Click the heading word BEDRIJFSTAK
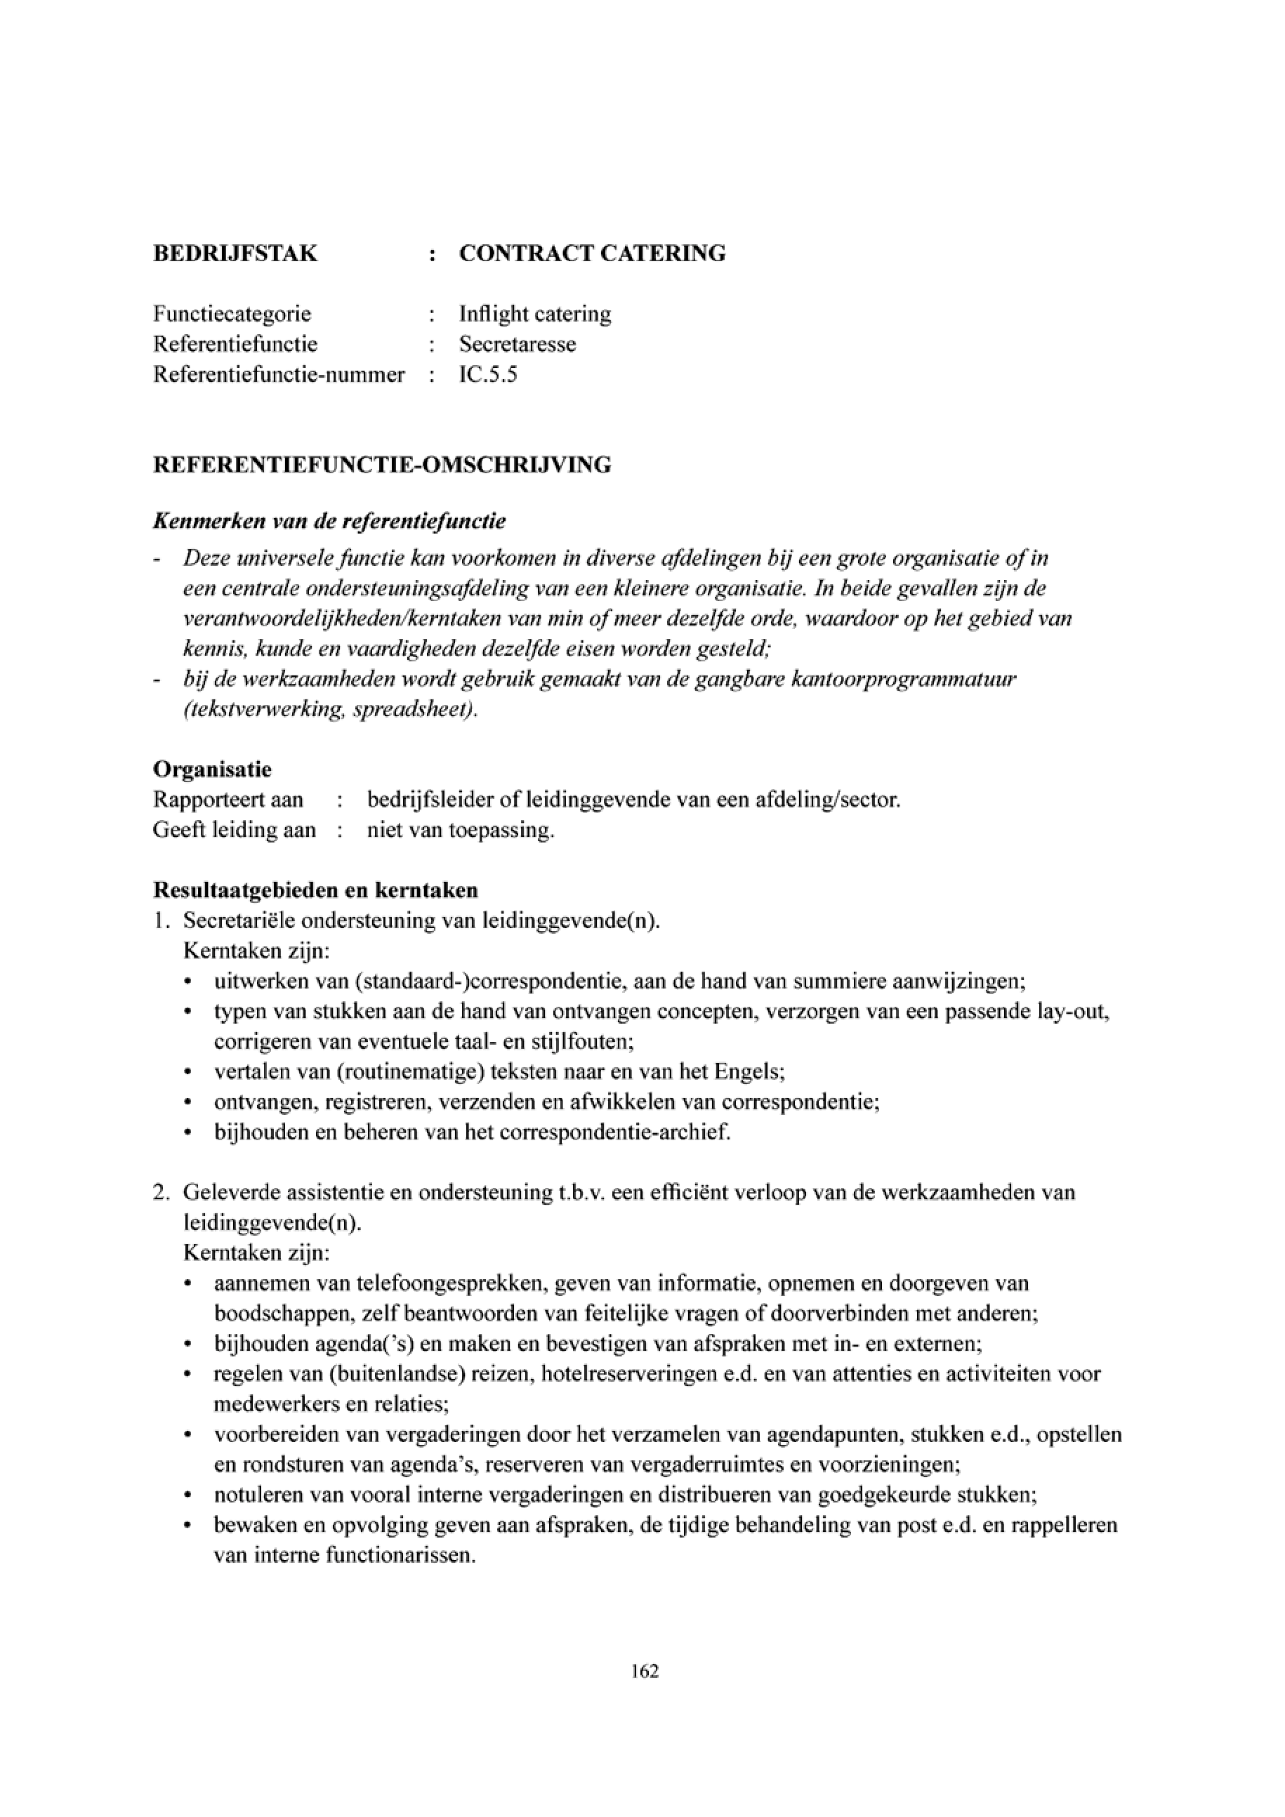[235, 254]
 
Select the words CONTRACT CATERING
[592, 254]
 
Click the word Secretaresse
[518, 344]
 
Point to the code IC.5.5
[488, 374]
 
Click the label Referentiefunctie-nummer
[279, 374]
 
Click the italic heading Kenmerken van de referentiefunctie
[329, 522]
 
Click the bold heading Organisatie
[212, 769]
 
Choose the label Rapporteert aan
[228, 800]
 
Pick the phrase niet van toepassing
[460, 831]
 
